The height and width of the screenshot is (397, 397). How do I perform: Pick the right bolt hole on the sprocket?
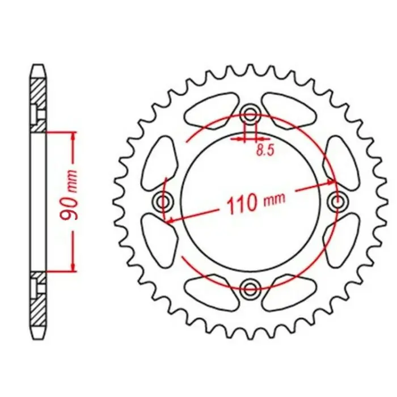pyautogui.click(x=339, y=201)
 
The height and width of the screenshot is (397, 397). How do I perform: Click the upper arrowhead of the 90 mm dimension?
pyautogui.click(x=73, y=136)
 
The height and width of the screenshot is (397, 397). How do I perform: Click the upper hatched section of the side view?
pyautogui.click(x=37, y=97)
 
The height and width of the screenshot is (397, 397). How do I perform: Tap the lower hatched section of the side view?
pyautogui.click(x=37, y=306)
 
